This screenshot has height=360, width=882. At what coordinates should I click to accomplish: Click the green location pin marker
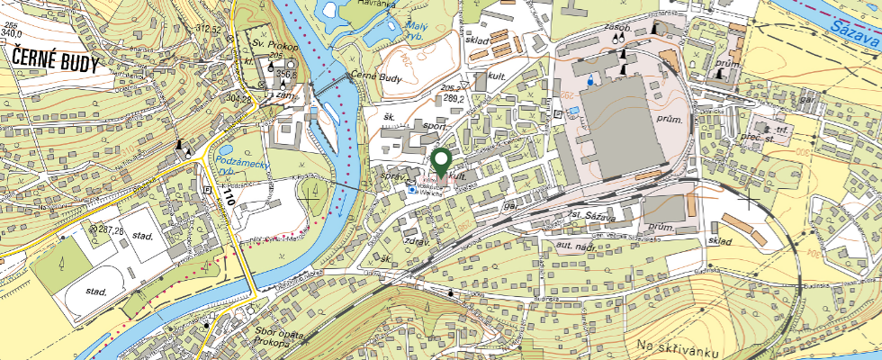(441, 163)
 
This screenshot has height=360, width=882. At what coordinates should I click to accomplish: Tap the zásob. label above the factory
(617, 28)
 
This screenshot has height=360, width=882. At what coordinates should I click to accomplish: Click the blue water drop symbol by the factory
(589, 80)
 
